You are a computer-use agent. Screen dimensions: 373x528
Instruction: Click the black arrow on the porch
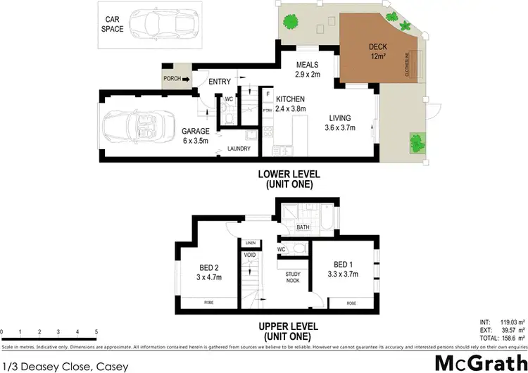tap(187, 79)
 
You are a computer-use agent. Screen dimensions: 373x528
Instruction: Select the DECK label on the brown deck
tap(377, 48)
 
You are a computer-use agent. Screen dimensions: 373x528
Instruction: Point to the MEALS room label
tap(307, 65)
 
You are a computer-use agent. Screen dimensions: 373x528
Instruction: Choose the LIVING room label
tap(339, 118)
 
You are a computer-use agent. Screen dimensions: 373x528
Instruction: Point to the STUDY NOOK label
tap(293, 277)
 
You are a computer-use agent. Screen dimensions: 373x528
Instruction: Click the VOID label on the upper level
tap(251, 255)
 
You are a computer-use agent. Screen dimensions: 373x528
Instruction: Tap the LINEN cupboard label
tap(251, 243)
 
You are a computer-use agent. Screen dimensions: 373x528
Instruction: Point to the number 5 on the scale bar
tap(96, 331)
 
